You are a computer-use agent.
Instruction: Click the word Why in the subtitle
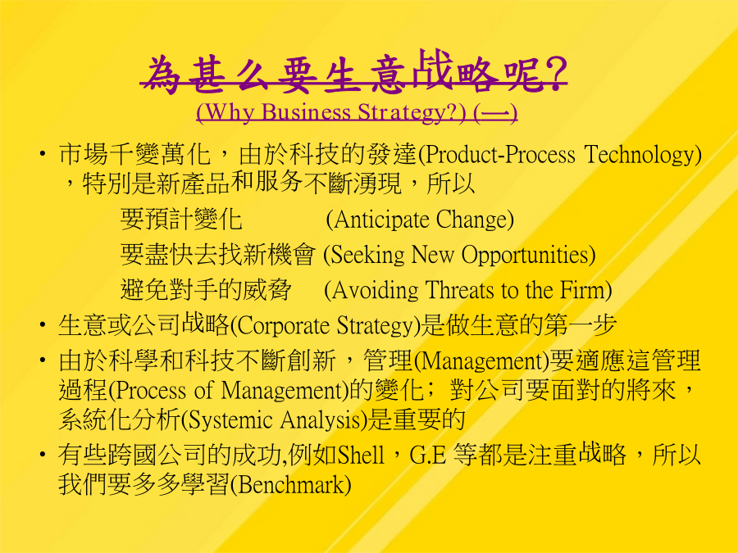tap(230, 112)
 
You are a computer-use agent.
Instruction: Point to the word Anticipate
tap(381, 220)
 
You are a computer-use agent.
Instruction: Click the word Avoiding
tap(375, 290)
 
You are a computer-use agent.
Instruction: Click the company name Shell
tap(361, 455)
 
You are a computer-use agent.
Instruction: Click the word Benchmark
tap(291, 485)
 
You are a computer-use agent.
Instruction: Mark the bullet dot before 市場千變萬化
tap(43, 154)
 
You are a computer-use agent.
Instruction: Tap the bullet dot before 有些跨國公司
tap(43, 454)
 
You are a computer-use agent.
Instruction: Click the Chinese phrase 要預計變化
tap(181, 220)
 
